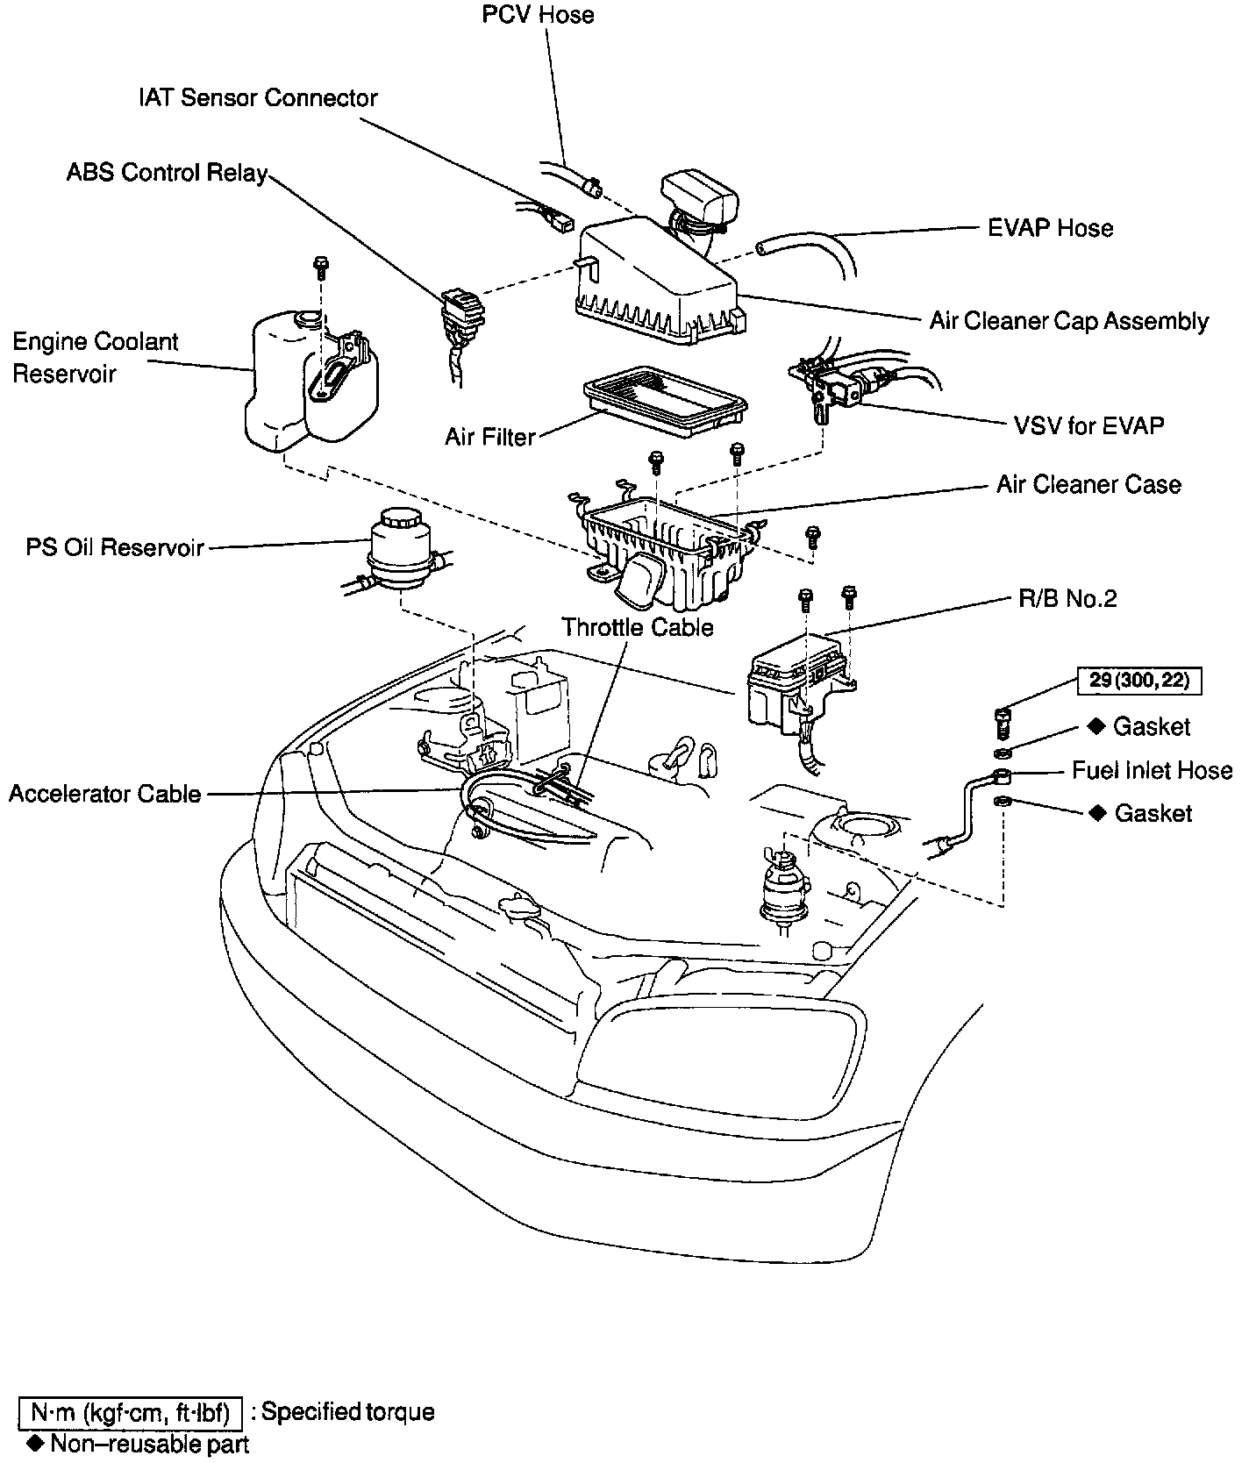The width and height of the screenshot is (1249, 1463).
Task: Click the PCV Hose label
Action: [x=539, y=16]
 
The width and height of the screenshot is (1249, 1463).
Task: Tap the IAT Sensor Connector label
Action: [x=258, y=97]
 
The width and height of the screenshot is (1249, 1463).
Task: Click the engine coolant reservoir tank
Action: [x=311, y=382]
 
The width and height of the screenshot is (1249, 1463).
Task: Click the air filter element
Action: [x=666, y=399]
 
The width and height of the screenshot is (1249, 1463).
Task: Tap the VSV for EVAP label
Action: [x=1088, y=425]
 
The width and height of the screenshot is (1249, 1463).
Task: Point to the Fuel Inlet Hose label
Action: [x=1152, y=770]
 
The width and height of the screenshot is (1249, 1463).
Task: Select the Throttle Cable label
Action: [x=638, y=627]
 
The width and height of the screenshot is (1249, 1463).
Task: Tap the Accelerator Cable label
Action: [x=105, y=794]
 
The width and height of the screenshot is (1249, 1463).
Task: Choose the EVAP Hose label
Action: [x=1050, y=228]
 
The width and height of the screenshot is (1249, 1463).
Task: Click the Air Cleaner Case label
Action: [x=1088, y=484]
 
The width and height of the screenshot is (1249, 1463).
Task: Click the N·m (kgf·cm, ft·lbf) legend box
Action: [x=130, y=1412]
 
